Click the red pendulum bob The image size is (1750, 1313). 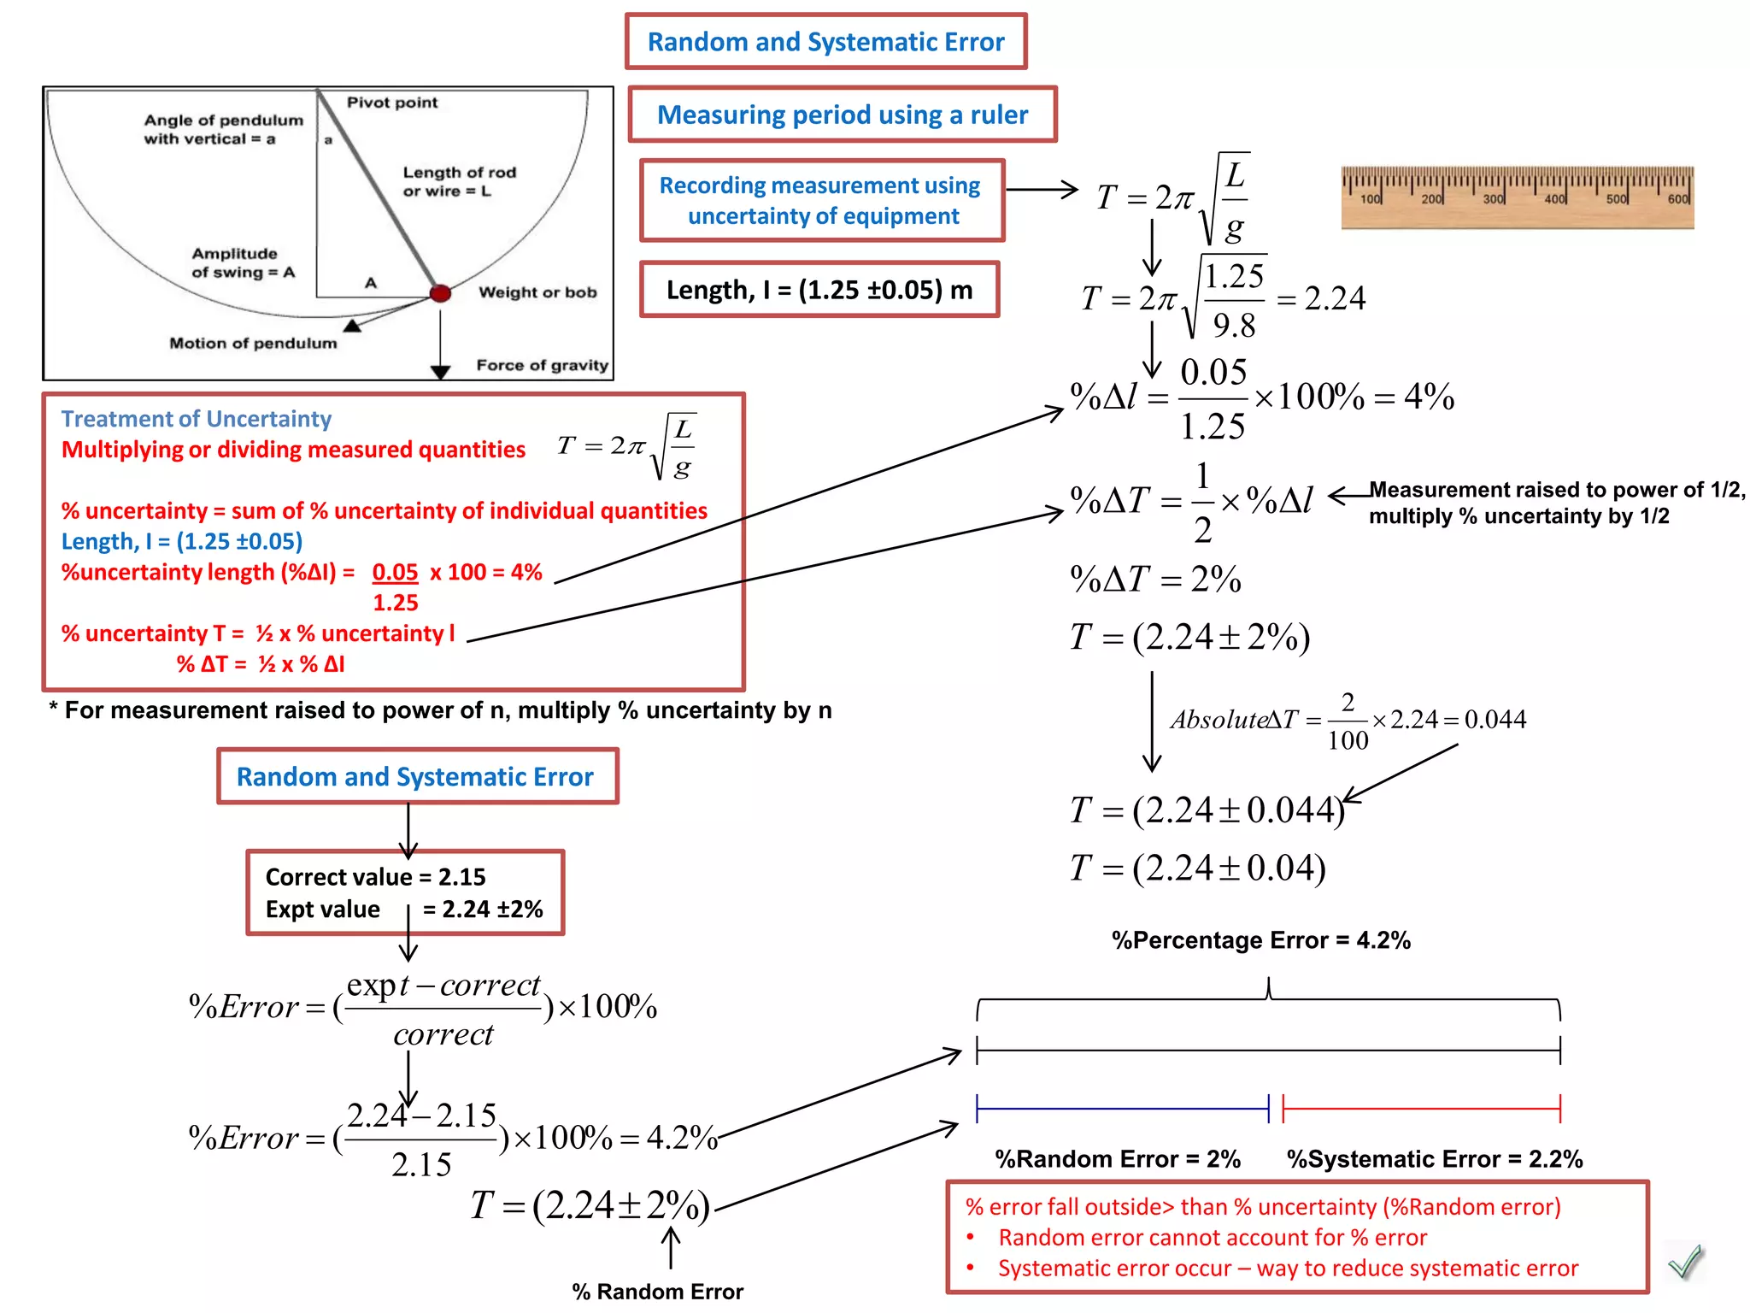pyautogui.click(x=440, y=293)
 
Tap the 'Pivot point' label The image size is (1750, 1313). pyautogui.click(x=391, y=103)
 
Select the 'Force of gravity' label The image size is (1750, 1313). pyautogui.click(x=542, y=365)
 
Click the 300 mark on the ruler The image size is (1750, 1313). pyautogui.click(x=1493, y=198)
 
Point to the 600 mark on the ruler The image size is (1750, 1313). pyautogui.click(x=1677, y=198)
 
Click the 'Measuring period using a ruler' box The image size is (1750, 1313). pyautogui.click(x=843, y=115)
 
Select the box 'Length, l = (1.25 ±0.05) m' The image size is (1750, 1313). pyautogui.click(x=819, y=290)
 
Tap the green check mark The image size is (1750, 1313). pyautogui.click(x=1685, y=1261)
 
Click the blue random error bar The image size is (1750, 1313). pyautogui.click(x=1122, y=1109)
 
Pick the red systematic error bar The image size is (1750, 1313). pyautogui.click(x=1421, y=1109)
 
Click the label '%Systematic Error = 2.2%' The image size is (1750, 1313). pyautogui.click(x=1435, y=1159)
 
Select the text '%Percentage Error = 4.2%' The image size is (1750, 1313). pyautogui.click(x=1260, y=940)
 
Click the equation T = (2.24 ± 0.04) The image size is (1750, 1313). pyautogui.click(x=1197, y=868)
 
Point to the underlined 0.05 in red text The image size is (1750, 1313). pyautogui.click(x=395, y=572)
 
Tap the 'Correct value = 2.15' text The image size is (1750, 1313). pyautogui.click(x=375, y=877)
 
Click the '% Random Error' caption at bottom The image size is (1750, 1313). pyautogui.click(x=657, y=1291)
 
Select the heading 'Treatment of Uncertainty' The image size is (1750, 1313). pyautogui.click(x=196, y=419)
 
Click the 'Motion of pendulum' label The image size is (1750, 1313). pyautogui.click(x=253, y=344)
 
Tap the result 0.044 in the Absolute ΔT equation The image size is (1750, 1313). pyautogui.click(x=1495, y=720)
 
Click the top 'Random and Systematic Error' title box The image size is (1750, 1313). pyautogui.click(x=825, y=42)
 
